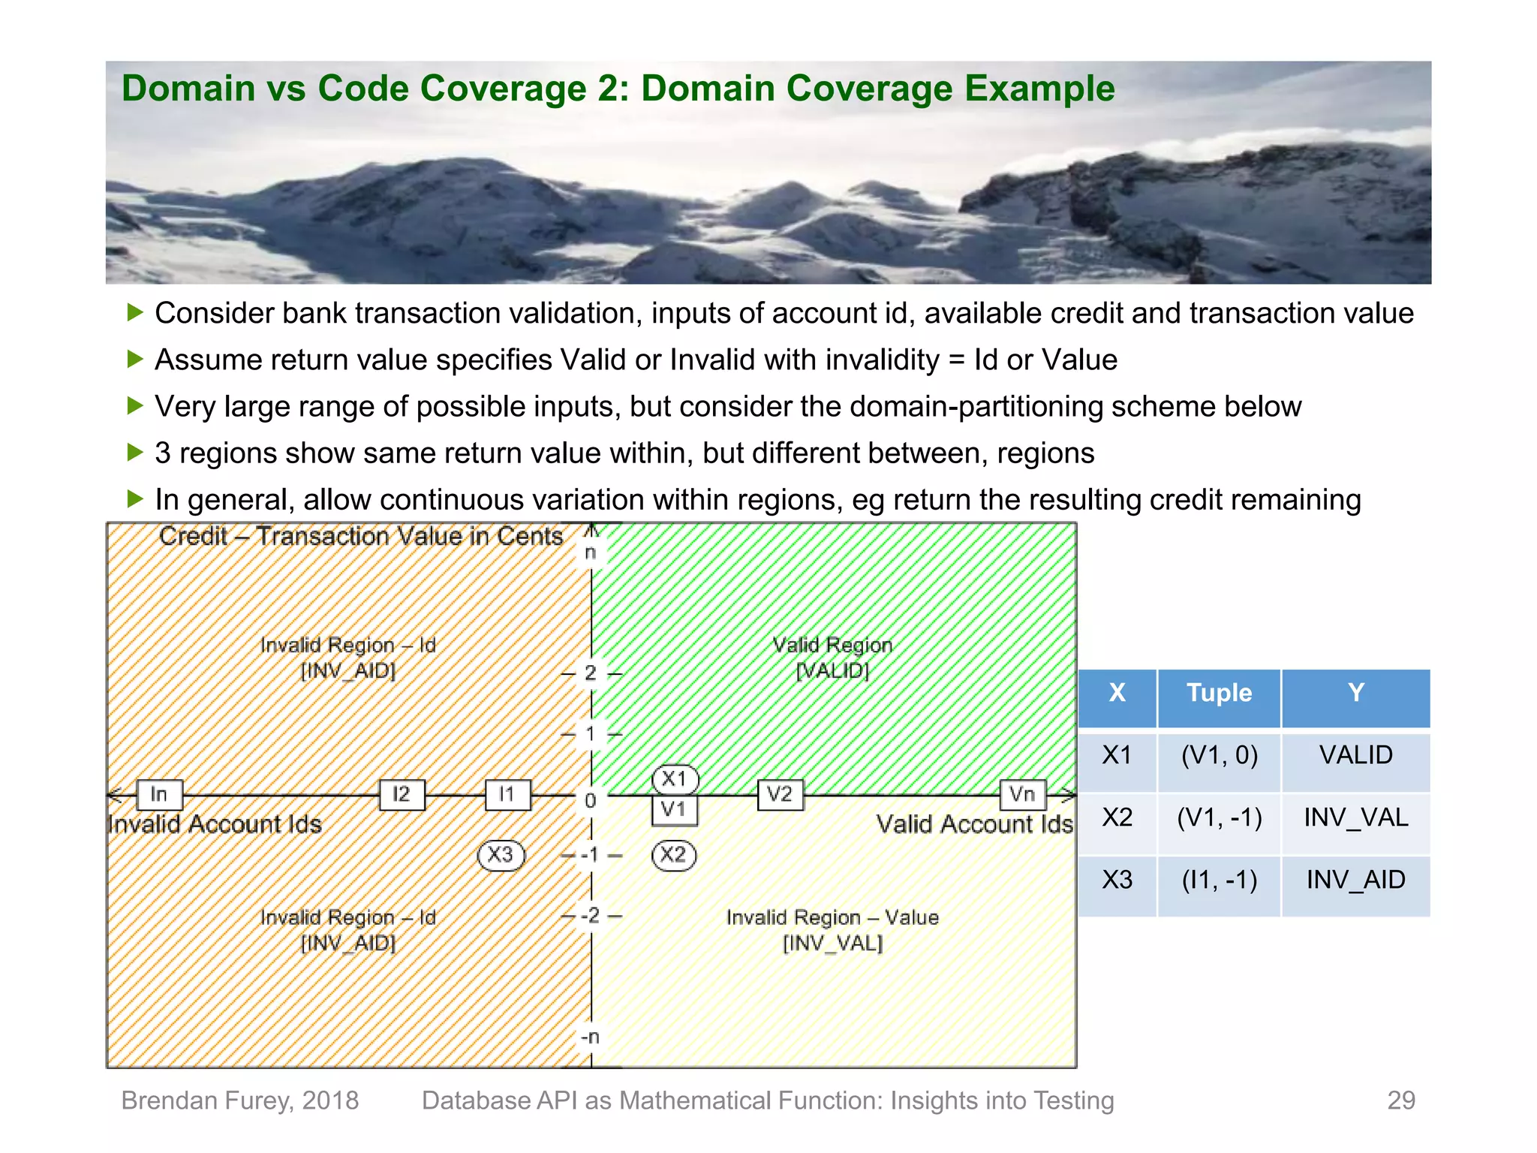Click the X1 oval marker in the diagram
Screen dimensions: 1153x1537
click(x=674, y=779)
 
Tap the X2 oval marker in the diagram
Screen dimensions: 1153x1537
click(x=673, y=854)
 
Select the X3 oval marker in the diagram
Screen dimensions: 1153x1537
click(x=501, y=854)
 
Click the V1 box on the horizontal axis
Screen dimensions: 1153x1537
click(x=674, y=809)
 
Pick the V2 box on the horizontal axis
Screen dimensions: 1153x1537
click(x=780, y=794)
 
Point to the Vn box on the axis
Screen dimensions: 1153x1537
click(x=1022, y=794)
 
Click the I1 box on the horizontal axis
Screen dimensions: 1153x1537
click(x=507, y=794)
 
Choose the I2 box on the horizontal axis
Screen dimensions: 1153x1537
click(x=402, y=794)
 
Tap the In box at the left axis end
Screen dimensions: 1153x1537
click(x=159, y=794)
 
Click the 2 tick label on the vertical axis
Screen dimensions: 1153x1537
click(x=591, y=673)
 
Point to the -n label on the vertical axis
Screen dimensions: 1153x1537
click(x=590, y=1037)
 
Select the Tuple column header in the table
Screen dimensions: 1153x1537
click(x=1219, y=693)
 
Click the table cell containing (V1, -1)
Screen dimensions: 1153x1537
click(x=1219, y=817)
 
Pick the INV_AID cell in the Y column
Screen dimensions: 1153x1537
click(x=1355, y=880)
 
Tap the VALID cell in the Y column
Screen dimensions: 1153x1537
click(x=1355, y=755)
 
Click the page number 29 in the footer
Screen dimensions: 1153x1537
click(x=1400, y=1100)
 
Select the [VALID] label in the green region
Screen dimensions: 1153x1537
click(x=832, y=670)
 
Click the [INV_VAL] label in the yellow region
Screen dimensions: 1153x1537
click(x=832, y=943)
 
